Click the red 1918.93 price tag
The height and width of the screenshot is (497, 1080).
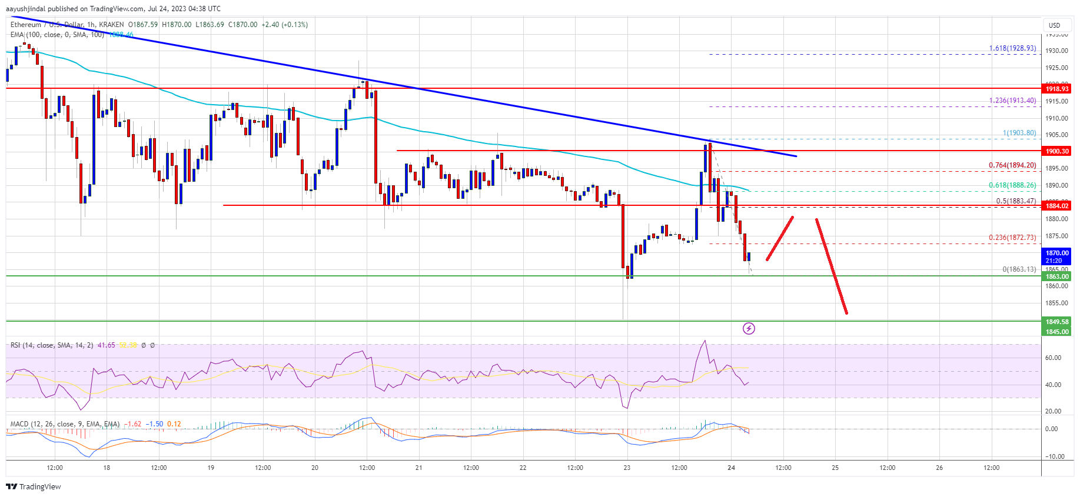1057,88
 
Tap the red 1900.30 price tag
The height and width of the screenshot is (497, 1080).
1057,151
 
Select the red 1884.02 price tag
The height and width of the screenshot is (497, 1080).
1057,206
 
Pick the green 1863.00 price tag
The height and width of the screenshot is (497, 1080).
1057,276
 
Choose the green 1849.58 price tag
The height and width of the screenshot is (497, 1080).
1057,322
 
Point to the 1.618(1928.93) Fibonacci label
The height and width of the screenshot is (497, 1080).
1012,48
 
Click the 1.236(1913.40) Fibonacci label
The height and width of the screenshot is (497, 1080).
1012,101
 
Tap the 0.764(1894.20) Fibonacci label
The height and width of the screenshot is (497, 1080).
1012,165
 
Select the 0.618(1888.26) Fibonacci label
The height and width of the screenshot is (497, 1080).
1012,185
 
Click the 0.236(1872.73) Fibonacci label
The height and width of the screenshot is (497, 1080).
1012,238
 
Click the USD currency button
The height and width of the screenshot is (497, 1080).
1054,25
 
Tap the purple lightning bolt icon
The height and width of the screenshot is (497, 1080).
749,328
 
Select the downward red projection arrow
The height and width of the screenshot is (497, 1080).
831,266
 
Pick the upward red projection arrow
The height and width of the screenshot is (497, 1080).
780,238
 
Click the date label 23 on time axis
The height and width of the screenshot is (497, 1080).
627,468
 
